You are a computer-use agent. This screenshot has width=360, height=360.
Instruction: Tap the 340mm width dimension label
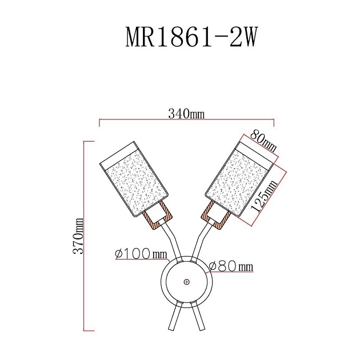point(186,114)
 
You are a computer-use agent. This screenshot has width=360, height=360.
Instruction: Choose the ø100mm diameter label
point(141,253)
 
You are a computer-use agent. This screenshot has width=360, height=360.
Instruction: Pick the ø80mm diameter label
point(231,266)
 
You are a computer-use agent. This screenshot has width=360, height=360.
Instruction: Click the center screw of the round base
point(187,282)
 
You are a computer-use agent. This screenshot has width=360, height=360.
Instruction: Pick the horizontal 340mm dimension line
point(187,121)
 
